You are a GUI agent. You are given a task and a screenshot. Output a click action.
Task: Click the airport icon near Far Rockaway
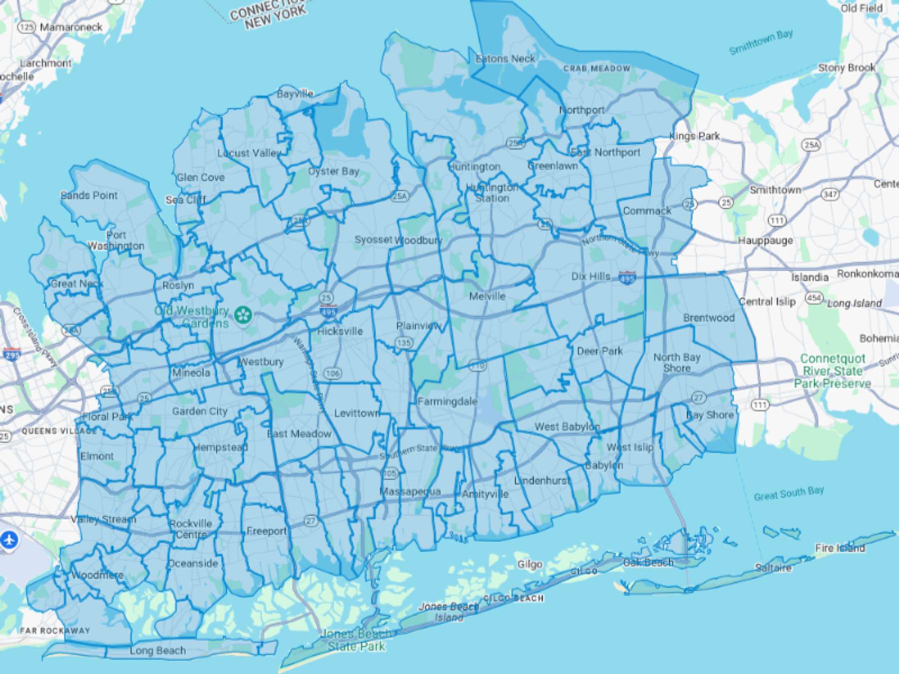click(x=9, y=540)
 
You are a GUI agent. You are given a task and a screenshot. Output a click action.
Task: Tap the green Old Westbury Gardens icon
click(x=244, y=315)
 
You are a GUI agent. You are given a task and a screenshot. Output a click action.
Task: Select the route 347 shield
click(x=830, y=194)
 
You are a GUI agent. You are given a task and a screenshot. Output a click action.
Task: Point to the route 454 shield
click(x=814, y=299)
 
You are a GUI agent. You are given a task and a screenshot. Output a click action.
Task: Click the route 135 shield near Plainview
click(x=404, y=342)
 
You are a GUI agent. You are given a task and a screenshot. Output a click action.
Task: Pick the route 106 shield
click(x=332, y=373)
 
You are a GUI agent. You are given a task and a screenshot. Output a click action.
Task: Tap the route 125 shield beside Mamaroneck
click(x=27, y=27)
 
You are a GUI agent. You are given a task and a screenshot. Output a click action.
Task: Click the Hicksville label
click(x=340, y=331)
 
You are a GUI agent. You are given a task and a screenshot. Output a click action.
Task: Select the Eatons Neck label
click(x=505, y=59)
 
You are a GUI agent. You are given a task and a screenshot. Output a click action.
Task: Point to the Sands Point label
click(x=89, y=195)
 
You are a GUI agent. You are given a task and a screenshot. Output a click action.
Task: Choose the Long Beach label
click(x=157, y=651)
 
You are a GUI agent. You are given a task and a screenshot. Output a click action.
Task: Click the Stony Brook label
click(x=847, y=67)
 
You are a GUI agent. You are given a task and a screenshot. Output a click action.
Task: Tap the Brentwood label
click(x=709, y=318)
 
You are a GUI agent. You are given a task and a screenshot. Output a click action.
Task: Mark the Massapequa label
click(x=411, y=491)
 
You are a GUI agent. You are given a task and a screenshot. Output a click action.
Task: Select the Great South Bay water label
click(x=789, y=493)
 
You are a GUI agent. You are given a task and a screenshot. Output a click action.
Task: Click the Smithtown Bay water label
click(x=761, y=42)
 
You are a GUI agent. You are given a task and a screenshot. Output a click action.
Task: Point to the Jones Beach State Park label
click(x=356, y=640)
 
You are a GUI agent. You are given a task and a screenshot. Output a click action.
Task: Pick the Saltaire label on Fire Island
click(x=773, y=568)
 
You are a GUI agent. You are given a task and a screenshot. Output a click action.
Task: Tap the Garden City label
click(x=200, y=411)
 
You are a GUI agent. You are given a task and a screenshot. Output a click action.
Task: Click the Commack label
click(x=647, y=211)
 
